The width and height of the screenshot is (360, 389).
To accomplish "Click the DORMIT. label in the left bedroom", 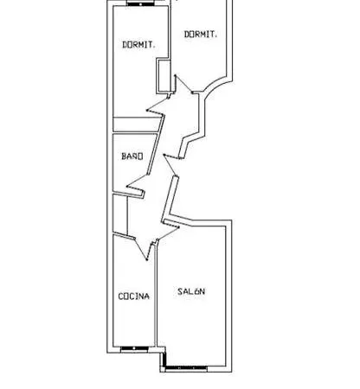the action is pyautogui.click(x=139, y=45).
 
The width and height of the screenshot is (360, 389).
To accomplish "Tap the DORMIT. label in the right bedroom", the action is pyautogui.click(x=201, y=35).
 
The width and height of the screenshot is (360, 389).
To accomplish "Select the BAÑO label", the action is pyautogui.click(x=132, y=156).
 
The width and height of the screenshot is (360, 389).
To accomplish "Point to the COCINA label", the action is pyautogui.click(x=134, y=297).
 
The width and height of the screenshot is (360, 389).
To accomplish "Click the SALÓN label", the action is pyautogui.click(x=191, y=291).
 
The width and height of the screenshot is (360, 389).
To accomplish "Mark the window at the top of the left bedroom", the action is pyautogui.click(x=140, y=4).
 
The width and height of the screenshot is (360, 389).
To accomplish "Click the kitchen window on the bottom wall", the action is pyautogui.click(x=134, y=348).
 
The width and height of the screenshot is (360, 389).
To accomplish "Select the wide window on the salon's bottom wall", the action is pyautogui.click(x=186, y=368).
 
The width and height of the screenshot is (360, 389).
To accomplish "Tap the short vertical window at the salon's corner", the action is pyautogui.click(x=164, y=360).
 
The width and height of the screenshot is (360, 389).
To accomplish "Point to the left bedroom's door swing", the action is pyautogui.click(x=157, y=106).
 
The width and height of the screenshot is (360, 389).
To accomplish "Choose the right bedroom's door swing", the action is pyautogui.click(x=183, y=84).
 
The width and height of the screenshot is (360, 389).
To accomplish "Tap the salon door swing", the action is pyautogui.click(x=168, y=233).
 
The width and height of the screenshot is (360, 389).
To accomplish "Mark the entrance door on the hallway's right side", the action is pyautogui.click(x=171, y=165).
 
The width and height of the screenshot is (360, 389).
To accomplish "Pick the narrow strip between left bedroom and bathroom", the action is pyautogui.click(x=136, y=125).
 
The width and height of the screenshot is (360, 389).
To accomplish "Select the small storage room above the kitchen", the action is pyautogui.click(x=120, y=214).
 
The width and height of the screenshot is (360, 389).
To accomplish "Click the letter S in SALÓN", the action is pyautogui.click(x=180, y=291).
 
